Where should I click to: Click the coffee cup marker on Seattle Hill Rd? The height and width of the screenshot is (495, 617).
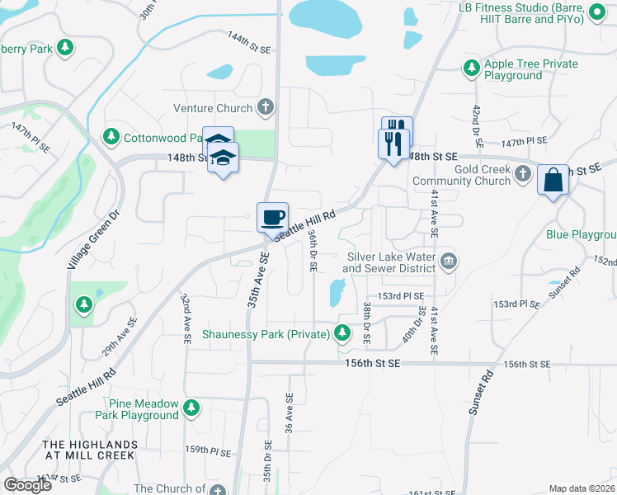tap(273, 218)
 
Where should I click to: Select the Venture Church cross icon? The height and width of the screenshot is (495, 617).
tap(266, 107)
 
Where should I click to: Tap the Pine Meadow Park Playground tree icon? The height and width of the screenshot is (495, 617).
tap(191, 408)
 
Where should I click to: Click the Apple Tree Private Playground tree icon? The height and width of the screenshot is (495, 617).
tap(471, 68)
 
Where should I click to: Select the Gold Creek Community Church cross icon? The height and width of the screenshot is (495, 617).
tap(522, 173)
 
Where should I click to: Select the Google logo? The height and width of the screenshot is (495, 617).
tap(28, 485)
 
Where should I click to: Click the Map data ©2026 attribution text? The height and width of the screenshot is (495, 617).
tap(582, 488)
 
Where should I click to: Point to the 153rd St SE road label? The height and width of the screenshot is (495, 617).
tap(401, 295)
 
